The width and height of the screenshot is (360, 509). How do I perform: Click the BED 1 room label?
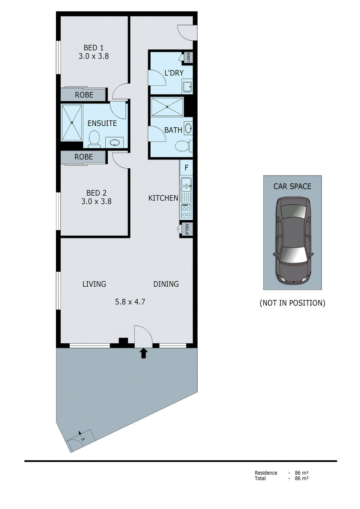(94, 48)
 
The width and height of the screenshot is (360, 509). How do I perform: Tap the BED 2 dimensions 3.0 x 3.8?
(96, 201)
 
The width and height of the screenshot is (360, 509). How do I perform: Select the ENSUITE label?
(102, 123)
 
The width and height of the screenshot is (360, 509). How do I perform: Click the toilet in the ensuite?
(94, 140)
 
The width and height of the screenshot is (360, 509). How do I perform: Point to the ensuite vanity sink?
(114, 143)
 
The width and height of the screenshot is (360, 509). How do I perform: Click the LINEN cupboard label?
(188, 57)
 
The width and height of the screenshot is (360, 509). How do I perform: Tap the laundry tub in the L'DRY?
(187, 86)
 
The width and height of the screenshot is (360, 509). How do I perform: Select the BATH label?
(173, 130)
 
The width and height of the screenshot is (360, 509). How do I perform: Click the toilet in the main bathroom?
(183, 146)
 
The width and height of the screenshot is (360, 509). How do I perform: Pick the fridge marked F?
(187, 168)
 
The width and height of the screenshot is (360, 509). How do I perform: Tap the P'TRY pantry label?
(187, 229)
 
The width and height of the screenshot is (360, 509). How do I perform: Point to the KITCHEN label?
(163, 198)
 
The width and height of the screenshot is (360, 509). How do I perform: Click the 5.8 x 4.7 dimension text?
(130, 302)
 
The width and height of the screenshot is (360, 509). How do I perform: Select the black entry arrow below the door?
(144, 353)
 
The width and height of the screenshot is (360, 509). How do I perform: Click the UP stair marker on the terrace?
(83, 439)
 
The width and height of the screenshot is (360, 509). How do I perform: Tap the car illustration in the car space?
(293, 240)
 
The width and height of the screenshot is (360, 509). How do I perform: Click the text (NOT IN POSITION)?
(292, 303)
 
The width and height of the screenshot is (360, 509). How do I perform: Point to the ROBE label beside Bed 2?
(84, 157)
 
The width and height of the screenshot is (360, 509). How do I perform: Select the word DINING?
(166, 284)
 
